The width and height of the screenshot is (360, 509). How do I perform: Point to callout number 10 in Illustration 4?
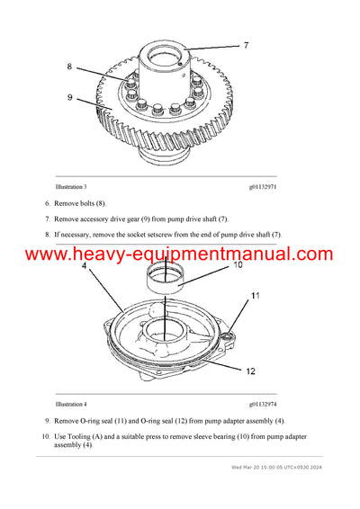coord(238,265)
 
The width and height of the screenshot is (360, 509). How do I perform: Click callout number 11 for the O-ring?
coord(256,296)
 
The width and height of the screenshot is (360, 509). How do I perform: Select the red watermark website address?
coord(179,254)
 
